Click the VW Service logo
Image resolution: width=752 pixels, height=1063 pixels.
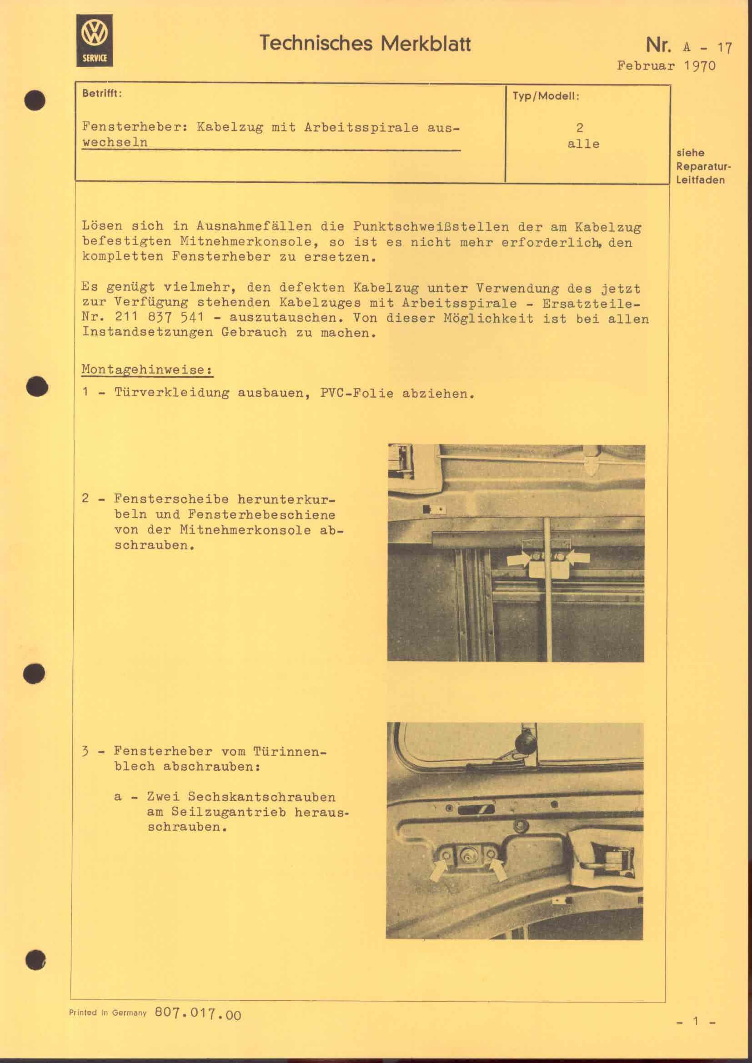pos(95,40)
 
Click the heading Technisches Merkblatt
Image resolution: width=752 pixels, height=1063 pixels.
pos(365,44)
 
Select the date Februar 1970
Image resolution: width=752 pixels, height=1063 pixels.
pos(666,66)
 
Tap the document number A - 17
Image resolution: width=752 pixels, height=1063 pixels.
pos(707,47)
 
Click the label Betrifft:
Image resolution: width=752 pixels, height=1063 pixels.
pos(102,93)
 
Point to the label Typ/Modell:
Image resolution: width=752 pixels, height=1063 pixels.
pos(546,96)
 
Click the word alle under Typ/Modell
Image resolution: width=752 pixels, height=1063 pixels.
pos(583,144)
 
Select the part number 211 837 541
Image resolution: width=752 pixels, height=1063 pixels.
pos(159,318)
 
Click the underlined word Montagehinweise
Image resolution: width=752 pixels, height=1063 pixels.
pos(146,369)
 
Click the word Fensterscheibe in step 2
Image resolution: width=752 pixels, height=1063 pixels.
pos(171,499)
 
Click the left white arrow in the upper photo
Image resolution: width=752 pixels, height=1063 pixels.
pos(518,559)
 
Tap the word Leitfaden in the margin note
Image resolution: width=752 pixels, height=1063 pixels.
pos(700,180)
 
